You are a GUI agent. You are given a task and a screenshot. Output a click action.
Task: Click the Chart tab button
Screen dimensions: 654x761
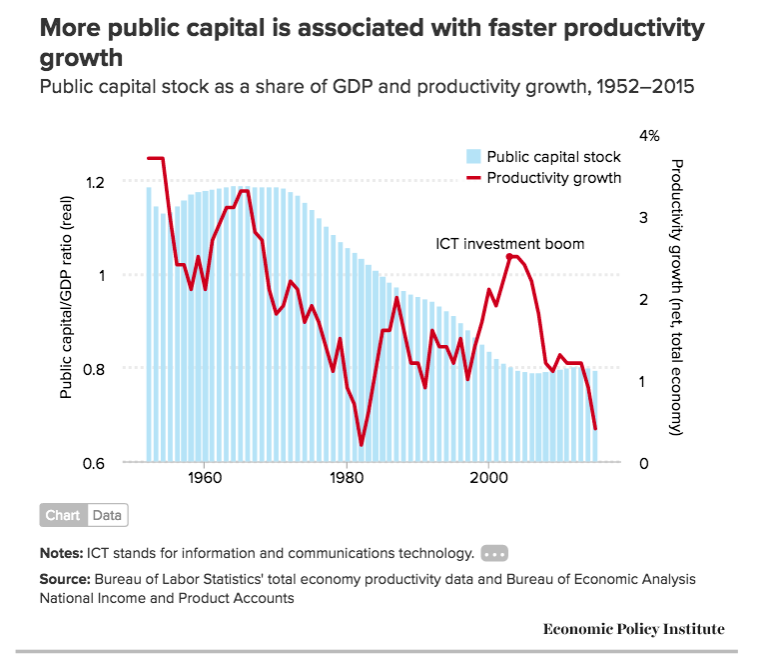pos(63,516)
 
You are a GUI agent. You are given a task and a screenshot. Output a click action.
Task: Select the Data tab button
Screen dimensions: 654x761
pos(107,516)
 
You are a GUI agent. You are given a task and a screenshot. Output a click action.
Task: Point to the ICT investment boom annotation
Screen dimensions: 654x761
pos(509,244)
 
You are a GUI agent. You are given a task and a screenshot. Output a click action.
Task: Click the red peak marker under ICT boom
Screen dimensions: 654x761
pos(510,257)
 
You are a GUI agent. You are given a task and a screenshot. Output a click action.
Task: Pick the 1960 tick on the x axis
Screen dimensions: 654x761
pos(204,478)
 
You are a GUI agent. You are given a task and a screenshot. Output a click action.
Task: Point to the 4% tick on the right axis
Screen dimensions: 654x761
pos(649,136)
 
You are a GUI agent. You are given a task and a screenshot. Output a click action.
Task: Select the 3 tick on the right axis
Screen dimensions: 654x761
pos(643,217)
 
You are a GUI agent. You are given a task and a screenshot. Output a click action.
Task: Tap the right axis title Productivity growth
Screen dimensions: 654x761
pos(676,296)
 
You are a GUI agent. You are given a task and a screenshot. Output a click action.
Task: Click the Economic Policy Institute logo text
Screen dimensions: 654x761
pos(633,629)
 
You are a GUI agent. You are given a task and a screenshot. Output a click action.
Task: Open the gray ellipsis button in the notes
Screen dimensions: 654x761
pos(494,553)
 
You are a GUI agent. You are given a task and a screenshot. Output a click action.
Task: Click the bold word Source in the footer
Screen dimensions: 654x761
pos(64,579)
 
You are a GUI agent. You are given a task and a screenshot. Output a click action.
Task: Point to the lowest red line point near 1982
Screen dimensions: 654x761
pos(362,445)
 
